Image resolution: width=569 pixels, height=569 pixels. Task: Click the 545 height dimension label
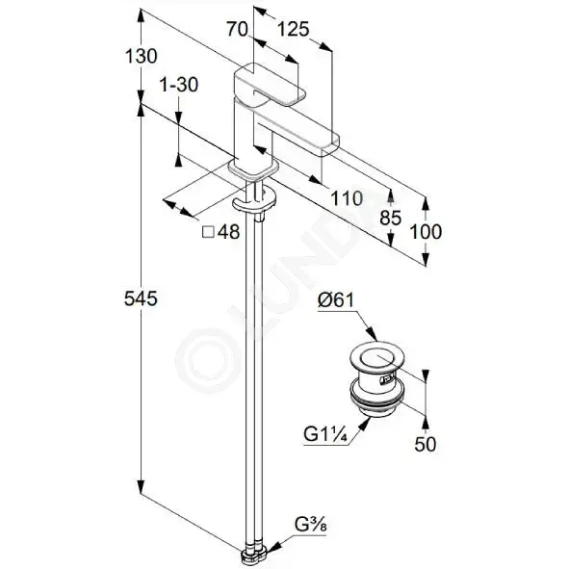pyautogui.click(x=141, y=299)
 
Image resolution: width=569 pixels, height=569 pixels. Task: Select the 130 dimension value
pyautogui.click(x=141, y=56)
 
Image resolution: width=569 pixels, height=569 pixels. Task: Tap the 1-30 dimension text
pyautogui.click(x=179, y=85)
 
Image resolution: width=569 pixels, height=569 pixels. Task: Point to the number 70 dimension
pyautogui.click(x=238, y=29)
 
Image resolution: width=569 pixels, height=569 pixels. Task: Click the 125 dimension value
pyautogui.click(x=294, y=29)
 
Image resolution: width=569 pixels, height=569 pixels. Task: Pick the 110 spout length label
pyautogui.click(x=347, y=198)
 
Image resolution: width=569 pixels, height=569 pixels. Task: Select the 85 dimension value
pyautogui.click(x=391, y=219)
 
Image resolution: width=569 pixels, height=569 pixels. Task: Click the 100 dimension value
pyautogui.click(x=426, y=232)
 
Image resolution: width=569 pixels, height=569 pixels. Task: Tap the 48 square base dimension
pyautogui.click(x=228, y=232)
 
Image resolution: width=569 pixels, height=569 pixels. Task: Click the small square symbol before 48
pyautogui.click(x=208, y=232)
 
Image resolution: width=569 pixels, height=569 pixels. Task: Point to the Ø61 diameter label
pyautogui.click(x=336, y=300)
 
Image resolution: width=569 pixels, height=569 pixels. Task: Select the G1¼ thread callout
pyautogui.click(x=325, y=434)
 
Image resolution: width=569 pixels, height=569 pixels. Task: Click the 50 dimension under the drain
pyautogui.click(x=426, y=444)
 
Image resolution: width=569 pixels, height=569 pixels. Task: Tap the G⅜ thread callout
pyautogui.click(x=311, y=525)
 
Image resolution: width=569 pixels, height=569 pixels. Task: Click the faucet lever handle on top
pyautogui.click(x=270, y=86)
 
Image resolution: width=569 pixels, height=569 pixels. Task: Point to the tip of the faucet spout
pyautogui.click(x=329, y=146)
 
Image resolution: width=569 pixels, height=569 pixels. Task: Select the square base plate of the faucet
pyautogui.click(x=253, y=169)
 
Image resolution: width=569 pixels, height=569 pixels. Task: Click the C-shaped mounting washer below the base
pyautogui.click(x=253, y=202)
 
